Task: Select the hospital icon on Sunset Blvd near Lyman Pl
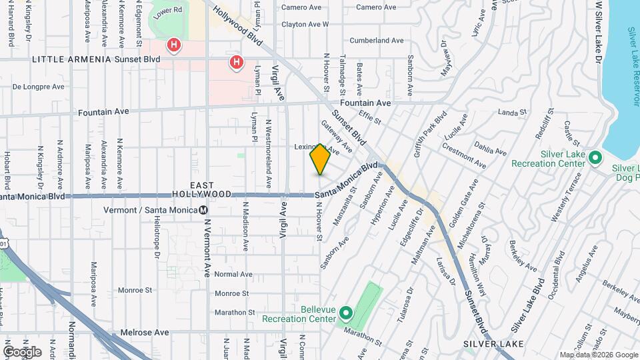(x=236, y=63)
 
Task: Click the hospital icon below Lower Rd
(x=174, y=45)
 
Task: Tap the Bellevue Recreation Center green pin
(x=345, y=312)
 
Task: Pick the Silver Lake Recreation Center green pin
(x=595, y=158)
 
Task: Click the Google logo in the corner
(x=22, y=351)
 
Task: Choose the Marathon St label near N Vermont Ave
(x=235, y=312)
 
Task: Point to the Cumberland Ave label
(x=377, y=41)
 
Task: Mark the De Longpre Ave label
(x=39, y=87)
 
